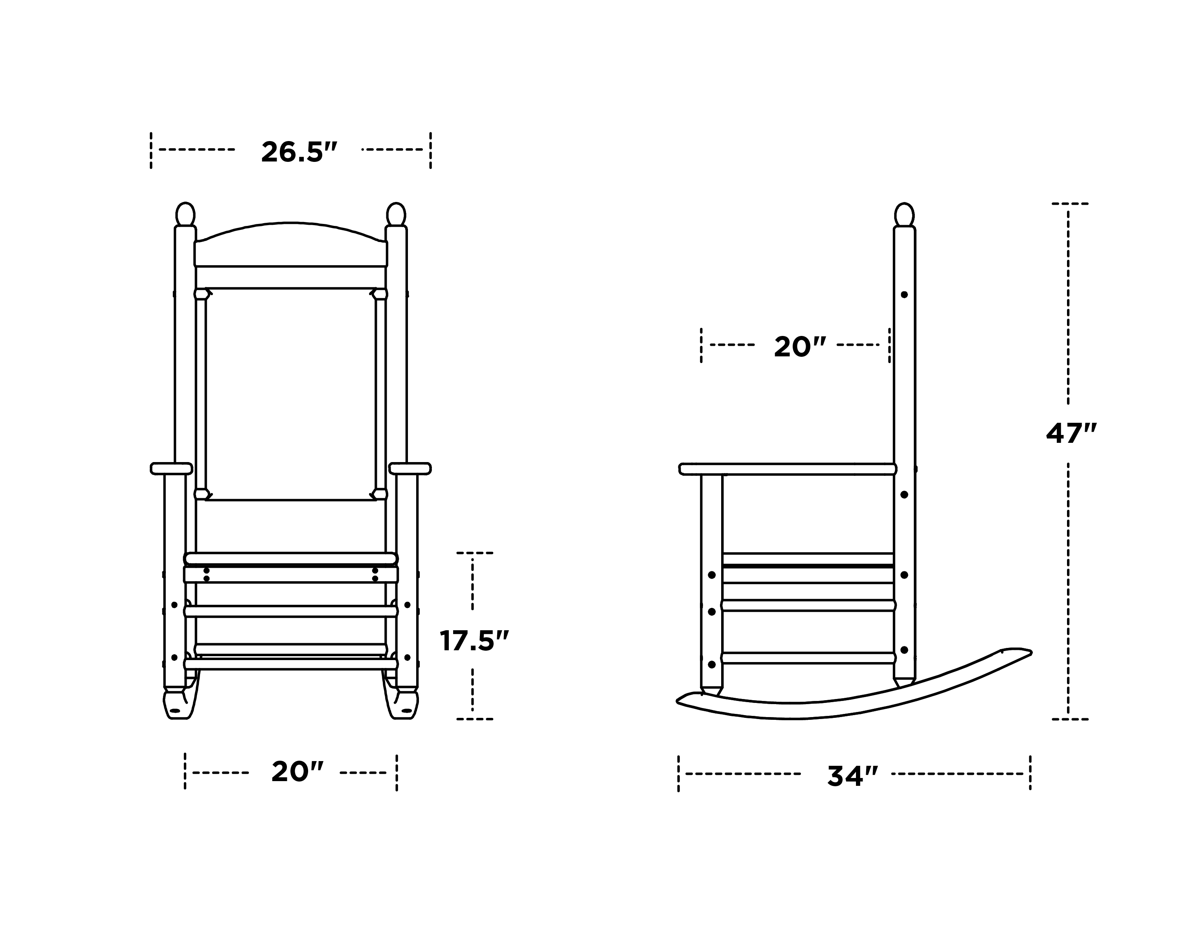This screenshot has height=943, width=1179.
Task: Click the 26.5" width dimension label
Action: tap(299, 152)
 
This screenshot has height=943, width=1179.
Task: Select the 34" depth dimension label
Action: tap(852, 776)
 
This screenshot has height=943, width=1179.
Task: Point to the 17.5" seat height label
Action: tap(474, 641)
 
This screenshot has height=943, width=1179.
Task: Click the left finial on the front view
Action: tap(185, 214)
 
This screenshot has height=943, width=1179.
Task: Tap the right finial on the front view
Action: tap(396, 214)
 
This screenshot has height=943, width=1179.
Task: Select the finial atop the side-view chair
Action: tap(904, 214)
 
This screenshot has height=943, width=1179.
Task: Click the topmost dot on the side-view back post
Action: tap(904, 295)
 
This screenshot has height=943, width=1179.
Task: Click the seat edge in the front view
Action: tap(291, 558)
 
